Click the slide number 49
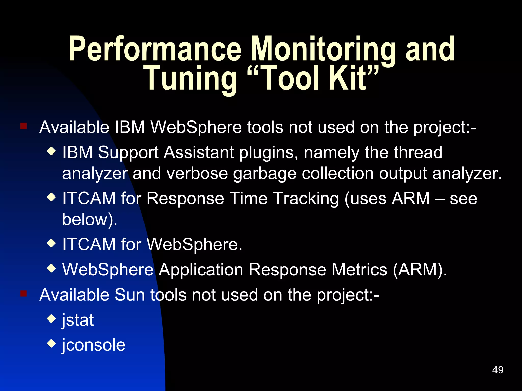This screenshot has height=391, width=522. click(498, 370)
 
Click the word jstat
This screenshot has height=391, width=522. click(78, 320)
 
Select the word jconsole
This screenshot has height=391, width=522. click(94, 345)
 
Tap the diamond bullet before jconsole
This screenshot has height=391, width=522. click(51, 343)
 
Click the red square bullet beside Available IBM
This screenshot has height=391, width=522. click(23, 126)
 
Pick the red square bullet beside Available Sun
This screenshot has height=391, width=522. click(23, 294)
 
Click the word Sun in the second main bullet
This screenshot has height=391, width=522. click(130, 295)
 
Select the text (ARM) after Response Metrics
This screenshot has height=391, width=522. click(420, 270)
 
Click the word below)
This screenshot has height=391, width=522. click(90, 219)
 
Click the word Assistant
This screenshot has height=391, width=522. click(199, 152)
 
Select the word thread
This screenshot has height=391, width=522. click(418, 152)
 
